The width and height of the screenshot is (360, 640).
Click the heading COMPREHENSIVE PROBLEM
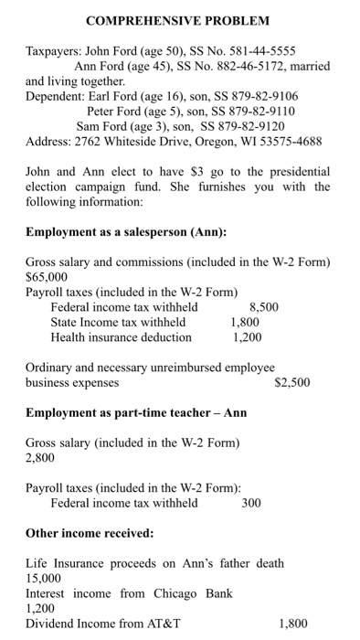[179, 20]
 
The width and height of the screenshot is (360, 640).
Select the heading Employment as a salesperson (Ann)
[125, 232]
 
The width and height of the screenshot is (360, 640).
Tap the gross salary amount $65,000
[47, 277]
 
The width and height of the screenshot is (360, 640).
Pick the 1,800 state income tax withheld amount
[245, 322]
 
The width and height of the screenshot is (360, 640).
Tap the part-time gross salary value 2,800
[40, 457]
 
